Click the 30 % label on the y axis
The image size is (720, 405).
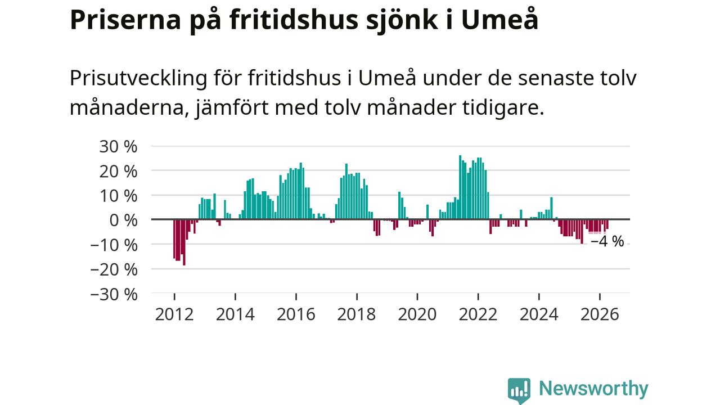point(118,147)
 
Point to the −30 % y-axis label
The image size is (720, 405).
point(114,294)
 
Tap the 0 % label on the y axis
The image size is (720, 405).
point(123,221)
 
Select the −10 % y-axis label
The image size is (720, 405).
point(114,246)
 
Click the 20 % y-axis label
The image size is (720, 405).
point(118,172)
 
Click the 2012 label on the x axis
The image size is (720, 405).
point(174,314)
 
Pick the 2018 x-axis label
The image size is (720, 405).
point(357,314)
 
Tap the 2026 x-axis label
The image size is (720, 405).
point(600,314)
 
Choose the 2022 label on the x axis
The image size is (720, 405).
point(478,314)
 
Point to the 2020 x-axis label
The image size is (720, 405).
point(417,314)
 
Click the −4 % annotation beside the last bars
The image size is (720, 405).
point(607,241)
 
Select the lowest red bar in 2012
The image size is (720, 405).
point(184,242)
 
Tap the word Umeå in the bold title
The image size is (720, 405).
point(499,20)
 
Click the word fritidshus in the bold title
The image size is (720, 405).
point(294,20)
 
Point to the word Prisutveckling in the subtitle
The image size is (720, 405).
point(138,78)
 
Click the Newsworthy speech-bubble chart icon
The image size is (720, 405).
point(519,390)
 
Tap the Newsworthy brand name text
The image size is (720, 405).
point(593,389)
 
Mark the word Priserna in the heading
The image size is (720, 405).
point(125,20)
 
